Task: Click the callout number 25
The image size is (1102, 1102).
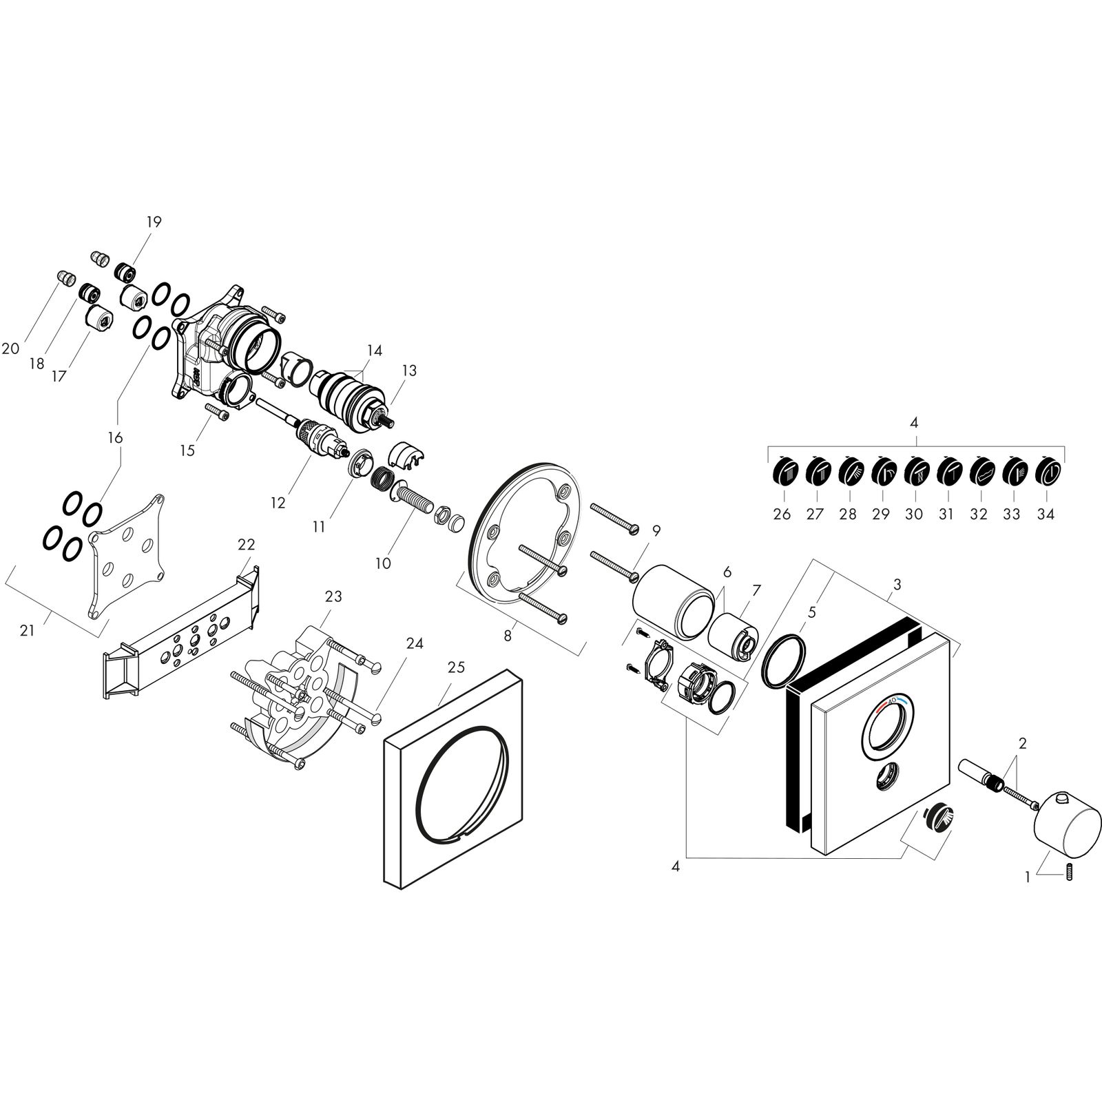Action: coord(456,667)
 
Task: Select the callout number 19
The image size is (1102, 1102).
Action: coord(153,222)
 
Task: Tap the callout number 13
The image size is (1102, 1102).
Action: coord(409,371)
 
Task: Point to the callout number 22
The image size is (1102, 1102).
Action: coord(246,545)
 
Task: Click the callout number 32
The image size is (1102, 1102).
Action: coord(979,514)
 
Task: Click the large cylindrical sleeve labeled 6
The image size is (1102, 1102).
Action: coord(672,600)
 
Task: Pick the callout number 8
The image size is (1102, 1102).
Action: coord(508,636)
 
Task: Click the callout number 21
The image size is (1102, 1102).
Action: coord(27,630)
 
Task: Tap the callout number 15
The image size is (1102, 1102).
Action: coord(187,450)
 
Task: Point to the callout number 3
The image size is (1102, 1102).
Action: coord(896,585)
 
